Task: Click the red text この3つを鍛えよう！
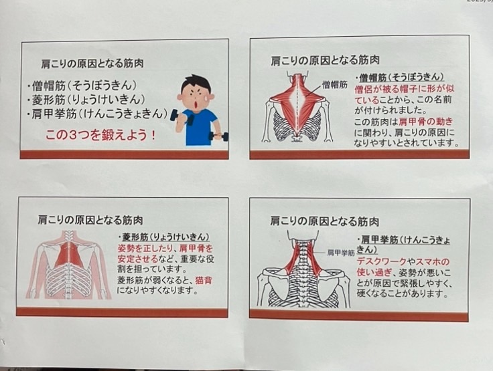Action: [x=100, y=135]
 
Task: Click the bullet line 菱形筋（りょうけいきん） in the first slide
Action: [x=86, y=100]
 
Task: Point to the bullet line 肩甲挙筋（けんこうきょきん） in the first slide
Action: [x=97, y=114]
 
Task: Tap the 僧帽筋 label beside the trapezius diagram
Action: [x=334, y=84]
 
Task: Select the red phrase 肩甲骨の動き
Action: [x=426, y=121]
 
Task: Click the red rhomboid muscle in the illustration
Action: [x=68, y=253]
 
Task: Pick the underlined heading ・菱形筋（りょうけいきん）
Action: [x=164, y=237]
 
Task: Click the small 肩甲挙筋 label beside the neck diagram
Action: [x=341, y=253]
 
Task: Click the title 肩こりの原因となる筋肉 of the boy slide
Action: [x=92, y=64]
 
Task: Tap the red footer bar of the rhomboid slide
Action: [x=122, y=312]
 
